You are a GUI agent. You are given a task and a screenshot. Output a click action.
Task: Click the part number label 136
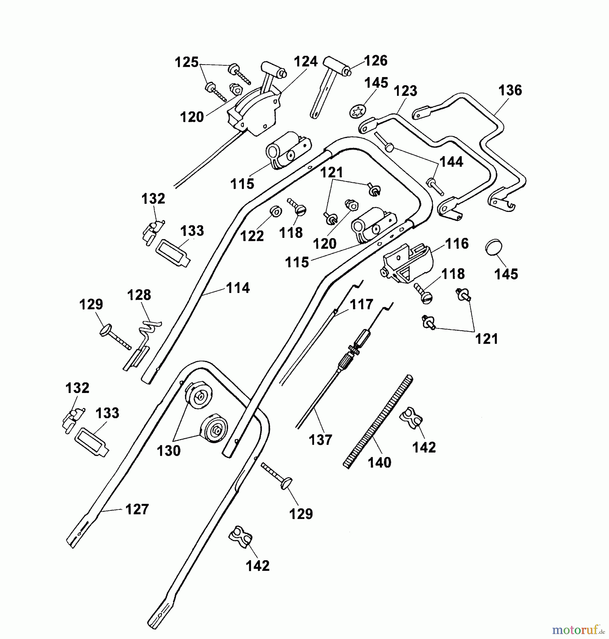pos(510,90)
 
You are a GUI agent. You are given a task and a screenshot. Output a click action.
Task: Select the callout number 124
pos(305,62)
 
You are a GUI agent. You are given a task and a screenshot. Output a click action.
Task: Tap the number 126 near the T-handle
pos(376,61)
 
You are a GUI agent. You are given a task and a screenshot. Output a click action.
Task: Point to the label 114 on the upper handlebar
pos(238,288)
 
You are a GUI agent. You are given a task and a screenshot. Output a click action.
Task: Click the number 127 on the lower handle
pos(137,509)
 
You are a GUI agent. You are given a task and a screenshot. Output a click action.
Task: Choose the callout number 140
pos(379,463)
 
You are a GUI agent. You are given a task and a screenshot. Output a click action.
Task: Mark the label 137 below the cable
pos(320,440)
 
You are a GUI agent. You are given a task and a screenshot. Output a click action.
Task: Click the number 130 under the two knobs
pos(169,451)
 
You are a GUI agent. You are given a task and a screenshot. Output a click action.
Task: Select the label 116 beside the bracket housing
pos(457,244)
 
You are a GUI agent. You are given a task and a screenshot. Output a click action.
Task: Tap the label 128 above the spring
pos(139,295)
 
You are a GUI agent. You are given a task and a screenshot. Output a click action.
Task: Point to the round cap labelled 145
pos(493,247)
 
